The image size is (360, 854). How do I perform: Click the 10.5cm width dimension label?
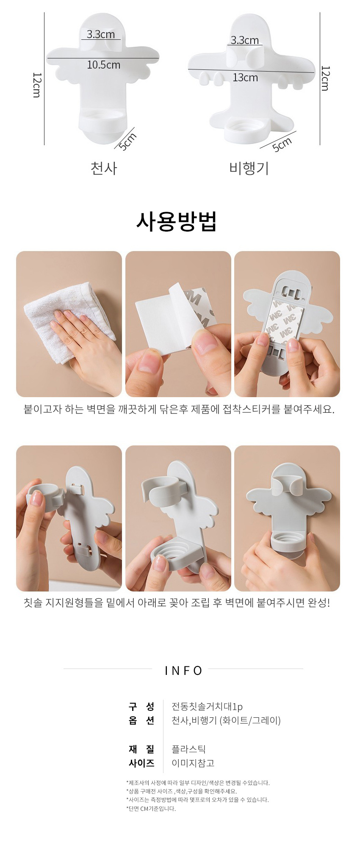click(x=104, y=65)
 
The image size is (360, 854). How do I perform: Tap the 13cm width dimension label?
click(x=245, y=77)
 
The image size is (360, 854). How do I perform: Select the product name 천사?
click(x=104, y=168)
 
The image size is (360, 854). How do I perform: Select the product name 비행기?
click(x=249, y=168)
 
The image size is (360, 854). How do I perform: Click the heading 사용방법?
click(x=177, y=221)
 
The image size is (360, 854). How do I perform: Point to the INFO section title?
click(x=183, y=671)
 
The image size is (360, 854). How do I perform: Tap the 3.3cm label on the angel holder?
click(x=101, y=34)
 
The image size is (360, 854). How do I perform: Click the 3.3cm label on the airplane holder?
click(x=245, y=40)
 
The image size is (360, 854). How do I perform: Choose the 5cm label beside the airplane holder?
click(x=282, y=144)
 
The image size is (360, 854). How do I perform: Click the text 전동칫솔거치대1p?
click(x=207, y=707)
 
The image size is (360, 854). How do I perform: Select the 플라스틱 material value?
click(x=188, y=749)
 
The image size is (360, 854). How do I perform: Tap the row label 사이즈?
click(x=141, y=763)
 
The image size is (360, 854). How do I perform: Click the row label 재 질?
click(x=141, y=749)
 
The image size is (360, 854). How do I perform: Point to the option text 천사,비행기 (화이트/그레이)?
click(x=226, y=721)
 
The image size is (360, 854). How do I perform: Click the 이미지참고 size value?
click(x=193, y=763)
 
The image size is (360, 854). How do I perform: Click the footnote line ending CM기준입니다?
click(x=151, y=809)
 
